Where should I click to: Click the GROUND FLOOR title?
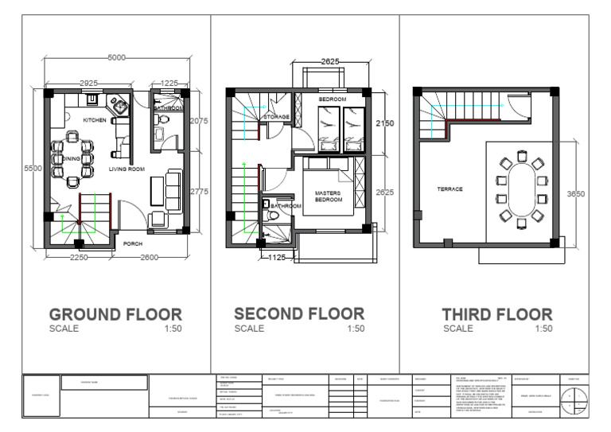coord(115,314)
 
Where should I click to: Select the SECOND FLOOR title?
coord(299,313)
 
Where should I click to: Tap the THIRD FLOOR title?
coord(496,314)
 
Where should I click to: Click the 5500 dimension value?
coord(33,169)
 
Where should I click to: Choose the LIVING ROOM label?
coord(126,169)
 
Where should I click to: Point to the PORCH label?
coord(133,244)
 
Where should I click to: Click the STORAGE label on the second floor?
coord(276,116)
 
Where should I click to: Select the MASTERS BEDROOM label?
coord(328,196)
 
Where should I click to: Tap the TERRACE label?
coord(449,189)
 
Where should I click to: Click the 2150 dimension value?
coord(384,124)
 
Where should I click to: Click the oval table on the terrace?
coord(522,193)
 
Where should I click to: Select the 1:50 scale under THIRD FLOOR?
coord(543,329)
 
